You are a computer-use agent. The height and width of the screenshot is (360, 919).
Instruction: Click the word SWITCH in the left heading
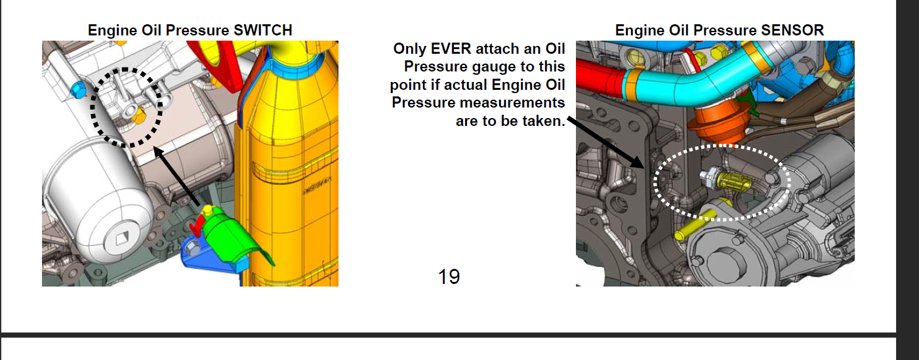[262, 30]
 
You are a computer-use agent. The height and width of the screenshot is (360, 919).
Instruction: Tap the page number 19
[449, 277]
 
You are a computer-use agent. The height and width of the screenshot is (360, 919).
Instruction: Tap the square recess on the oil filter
[122, 238]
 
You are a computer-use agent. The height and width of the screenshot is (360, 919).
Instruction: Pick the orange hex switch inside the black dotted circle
[140, 117]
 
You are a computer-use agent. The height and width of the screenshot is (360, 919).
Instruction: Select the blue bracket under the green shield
[213, 256]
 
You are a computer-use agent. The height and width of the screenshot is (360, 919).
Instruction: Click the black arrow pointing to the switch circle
[176, 176]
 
